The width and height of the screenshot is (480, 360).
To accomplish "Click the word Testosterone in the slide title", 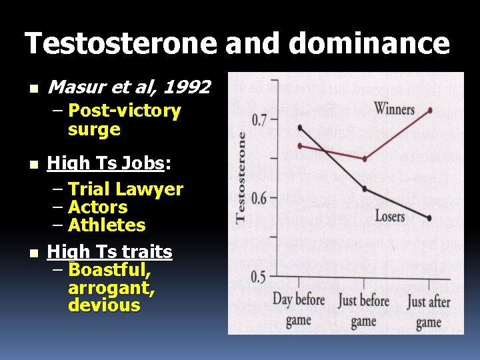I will [121, 44].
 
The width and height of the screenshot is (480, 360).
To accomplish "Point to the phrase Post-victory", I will [125, 111].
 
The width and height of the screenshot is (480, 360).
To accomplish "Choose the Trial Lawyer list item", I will [125, 189].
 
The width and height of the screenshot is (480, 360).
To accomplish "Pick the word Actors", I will [98, 207].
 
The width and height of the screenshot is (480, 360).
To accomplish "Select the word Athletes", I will [107, 225].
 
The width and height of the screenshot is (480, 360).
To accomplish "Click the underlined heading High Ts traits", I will [110, 252].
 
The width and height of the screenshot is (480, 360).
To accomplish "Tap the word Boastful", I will [109, 270].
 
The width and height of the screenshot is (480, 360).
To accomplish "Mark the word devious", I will [104, 306].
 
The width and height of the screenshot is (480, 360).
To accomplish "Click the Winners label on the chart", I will [394, 109].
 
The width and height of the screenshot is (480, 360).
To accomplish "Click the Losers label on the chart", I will [389, 216].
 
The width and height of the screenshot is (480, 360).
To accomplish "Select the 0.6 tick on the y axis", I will [259, 198].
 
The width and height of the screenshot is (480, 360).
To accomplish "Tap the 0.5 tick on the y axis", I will [259, 276].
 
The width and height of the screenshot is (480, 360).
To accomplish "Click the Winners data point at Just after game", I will [430, 110].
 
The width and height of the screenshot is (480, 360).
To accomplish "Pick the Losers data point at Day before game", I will [301, 127].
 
